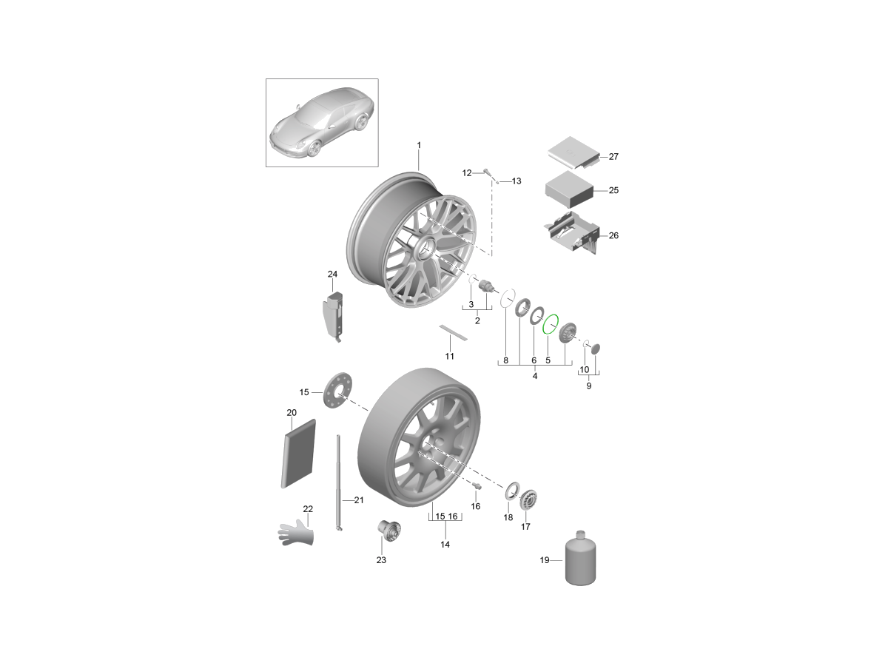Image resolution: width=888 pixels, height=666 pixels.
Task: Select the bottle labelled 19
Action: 580,558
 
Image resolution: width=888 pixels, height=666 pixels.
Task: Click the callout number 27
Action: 613,156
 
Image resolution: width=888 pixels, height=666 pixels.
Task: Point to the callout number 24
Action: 332,274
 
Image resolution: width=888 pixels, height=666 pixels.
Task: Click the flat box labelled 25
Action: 569,189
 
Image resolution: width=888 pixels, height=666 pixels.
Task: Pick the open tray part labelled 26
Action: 571,232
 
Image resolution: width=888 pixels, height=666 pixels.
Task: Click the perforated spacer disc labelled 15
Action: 337,390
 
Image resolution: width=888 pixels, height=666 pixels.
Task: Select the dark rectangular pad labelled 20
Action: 298,454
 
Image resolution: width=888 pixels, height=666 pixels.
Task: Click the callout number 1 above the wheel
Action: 419,145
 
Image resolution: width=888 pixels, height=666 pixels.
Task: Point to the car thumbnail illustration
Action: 322,123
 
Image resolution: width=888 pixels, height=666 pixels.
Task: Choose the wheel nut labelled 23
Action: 389,530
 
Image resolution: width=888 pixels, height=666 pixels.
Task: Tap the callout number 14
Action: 445,545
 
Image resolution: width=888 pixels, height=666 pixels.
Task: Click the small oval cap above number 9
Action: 596,349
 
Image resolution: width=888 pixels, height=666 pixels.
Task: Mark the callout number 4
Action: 534,376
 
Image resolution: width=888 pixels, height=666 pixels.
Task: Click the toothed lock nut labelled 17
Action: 528,499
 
